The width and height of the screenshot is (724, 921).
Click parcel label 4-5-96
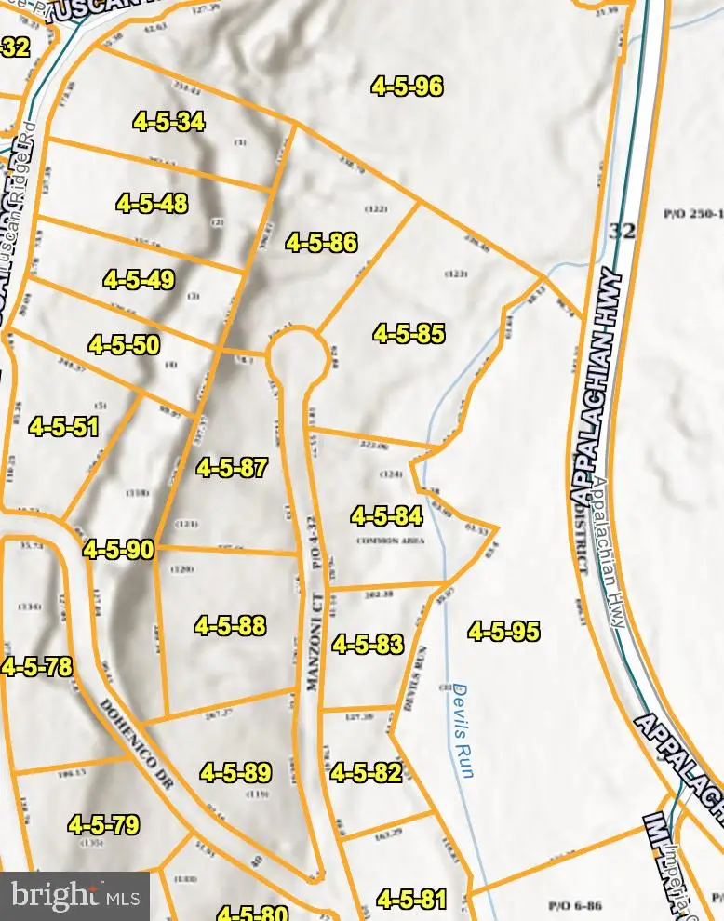[x=407, y=87]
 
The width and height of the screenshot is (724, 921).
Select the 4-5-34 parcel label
[x=168, y=121]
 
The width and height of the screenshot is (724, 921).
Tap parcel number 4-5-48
[x=153, y=204]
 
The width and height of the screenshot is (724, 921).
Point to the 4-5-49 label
[x=139, y=279]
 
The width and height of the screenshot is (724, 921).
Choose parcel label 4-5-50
[x=124, y=345]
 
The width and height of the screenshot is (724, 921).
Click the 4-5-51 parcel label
[x=64, y=427]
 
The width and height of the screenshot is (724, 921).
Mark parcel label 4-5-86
[x=322, y=243]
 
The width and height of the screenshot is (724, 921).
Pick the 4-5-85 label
[x=409, y=333]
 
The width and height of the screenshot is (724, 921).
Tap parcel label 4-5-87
[x=233, y=468]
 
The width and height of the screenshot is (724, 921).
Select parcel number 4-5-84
[x=387, y=515]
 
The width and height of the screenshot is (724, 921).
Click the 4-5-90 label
[x=118, y=550]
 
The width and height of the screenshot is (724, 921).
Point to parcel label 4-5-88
[x=231, y=625]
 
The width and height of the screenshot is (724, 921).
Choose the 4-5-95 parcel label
[x=504, y=632]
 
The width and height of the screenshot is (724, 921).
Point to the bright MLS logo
[x=74, y=896]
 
